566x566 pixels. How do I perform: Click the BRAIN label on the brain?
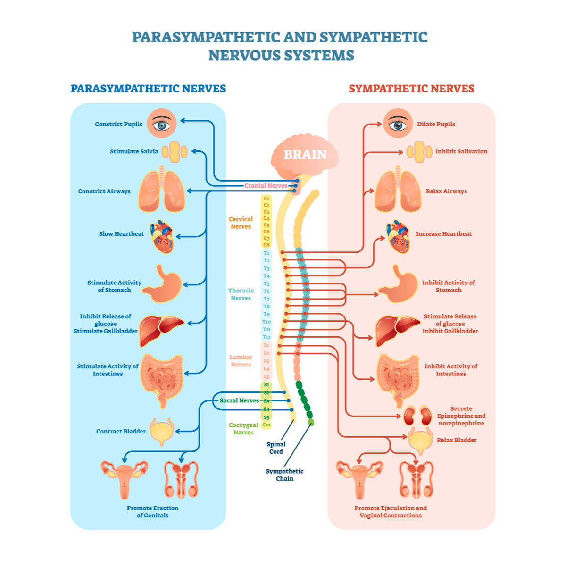click(305, 155)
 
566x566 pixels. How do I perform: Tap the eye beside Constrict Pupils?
click(162, 124)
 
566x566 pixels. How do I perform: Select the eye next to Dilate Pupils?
click(398, 124)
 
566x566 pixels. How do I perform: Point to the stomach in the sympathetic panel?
click(399, 284)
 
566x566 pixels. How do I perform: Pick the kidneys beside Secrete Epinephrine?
click(417, 416)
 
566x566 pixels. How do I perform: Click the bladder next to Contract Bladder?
click(161, 431)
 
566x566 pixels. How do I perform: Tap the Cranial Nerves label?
click(266, 186)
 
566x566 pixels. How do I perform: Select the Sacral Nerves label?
click(239, 400)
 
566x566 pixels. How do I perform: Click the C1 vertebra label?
click(266, 199)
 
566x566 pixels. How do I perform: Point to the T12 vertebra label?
click(266, 337)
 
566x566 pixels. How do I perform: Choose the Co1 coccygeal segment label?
click(266, 425)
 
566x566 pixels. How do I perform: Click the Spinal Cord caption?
click(276, 448)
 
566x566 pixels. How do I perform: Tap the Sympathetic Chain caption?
click(284, 474)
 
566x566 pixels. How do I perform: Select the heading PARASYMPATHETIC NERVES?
click(148, 89)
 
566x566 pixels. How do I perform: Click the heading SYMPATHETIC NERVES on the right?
click(411, 89)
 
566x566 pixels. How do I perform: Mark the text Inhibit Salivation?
click(461, 151)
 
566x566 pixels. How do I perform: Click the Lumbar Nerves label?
click(241, 361)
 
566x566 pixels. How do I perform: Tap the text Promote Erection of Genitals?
click(152, 512)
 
